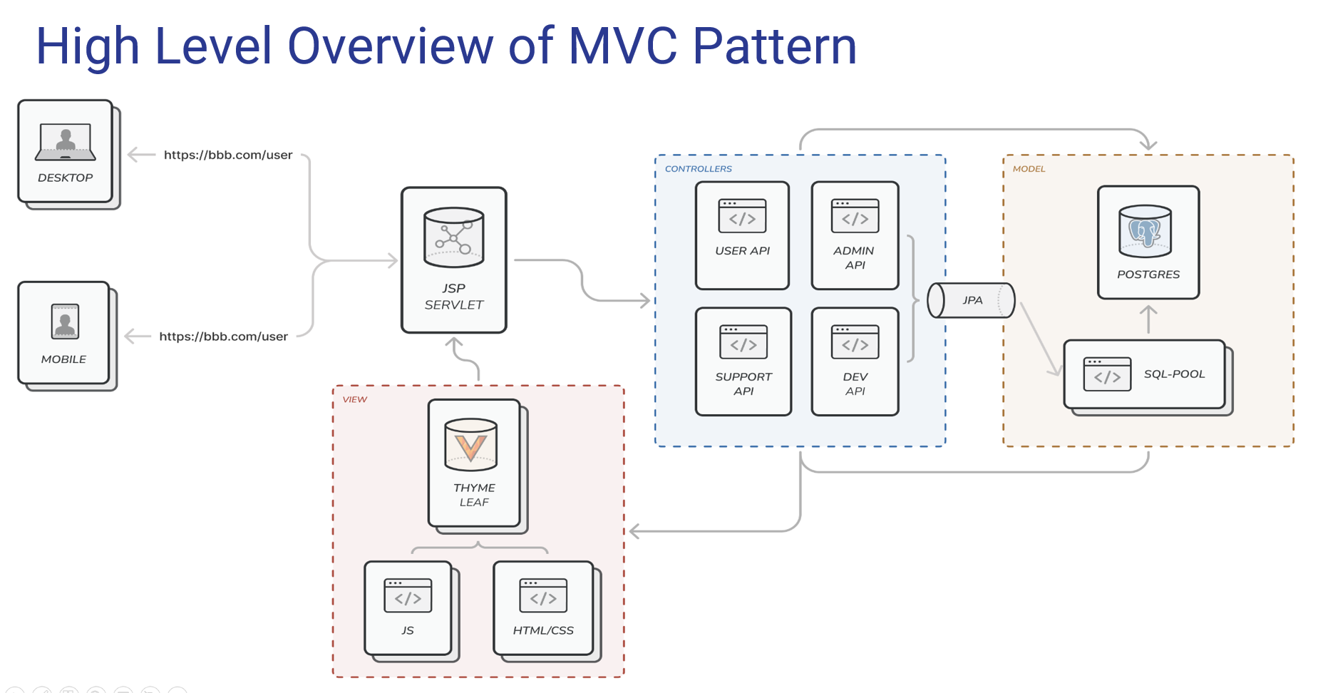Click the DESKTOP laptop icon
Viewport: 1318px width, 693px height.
pos(65,141)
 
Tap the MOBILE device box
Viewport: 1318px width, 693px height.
pos(63,333)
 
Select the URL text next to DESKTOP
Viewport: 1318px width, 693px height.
pos(228,155)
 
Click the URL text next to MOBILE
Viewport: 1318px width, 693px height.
pos(223,337)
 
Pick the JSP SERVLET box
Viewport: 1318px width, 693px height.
pos(453,260)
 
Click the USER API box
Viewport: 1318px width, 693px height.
pos(742,235)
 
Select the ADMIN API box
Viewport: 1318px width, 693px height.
pos(855,235)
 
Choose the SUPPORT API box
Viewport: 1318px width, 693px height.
pos(743,361)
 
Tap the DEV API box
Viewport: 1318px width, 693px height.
pos(855,361)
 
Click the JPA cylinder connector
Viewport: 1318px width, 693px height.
pos(971,300)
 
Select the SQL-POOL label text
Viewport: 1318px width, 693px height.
pos(1174,374)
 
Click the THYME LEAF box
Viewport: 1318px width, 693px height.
pos(474,463)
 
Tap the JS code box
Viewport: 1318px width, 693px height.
pos(408,607)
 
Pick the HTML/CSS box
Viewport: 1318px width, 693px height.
pos(543,607)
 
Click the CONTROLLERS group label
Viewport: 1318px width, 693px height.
pos(698,169)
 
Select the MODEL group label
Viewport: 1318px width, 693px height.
pos(1029,169)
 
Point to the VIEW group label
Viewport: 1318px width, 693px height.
pos(354,399)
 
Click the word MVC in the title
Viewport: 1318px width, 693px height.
pos(622,46)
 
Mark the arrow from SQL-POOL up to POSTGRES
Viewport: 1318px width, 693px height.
pos(1148,319)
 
